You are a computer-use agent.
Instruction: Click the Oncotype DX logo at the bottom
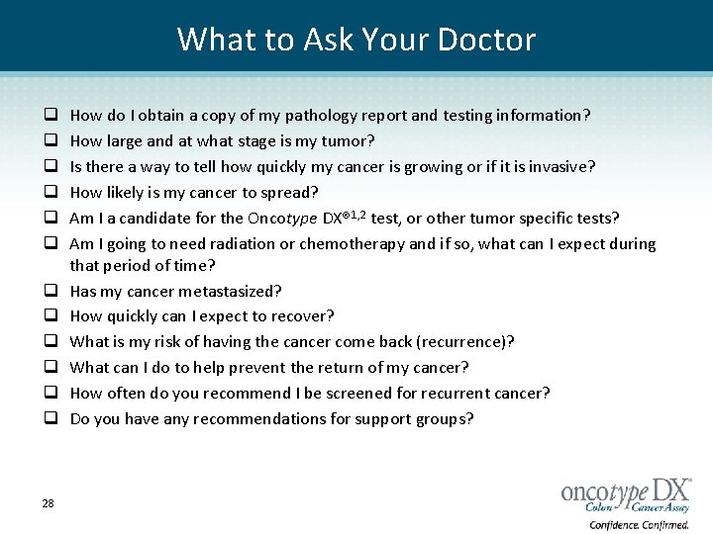pyautogui.click(x=626, y=491)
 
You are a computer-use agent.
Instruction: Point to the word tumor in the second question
pyautogui.click(x=352, y=141)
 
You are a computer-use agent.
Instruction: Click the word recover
pyautogui.click(x=302, y=316)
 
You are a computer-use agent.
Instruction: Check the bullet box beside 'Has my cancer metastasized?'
pyautogui.click(x=48, y=291)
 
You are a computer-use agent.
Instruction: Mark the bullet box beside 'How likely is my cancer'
pyautogui.click(x=48, y=192)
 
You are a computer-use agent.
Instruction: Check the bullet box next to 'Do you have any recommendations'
pyautogui.click(x=48, y=419)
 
